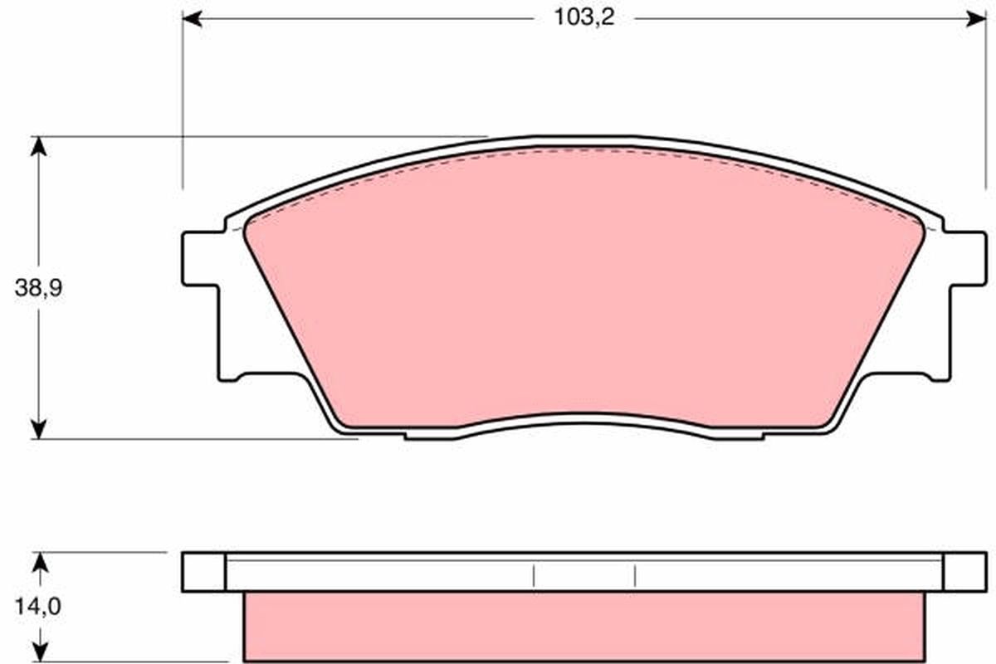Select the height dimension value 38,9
tap(38, 288)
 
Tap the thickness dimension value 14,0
tap(37, 607)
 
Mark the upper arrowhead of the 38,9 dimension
tap(38, 146)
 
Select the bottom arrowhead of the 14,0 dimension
tap(38, 652)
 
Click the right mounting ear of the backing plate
tap(966, 259)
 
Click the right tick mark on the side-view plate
tap(635, 574)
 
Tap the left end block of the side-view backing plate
tap(203, 572)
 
